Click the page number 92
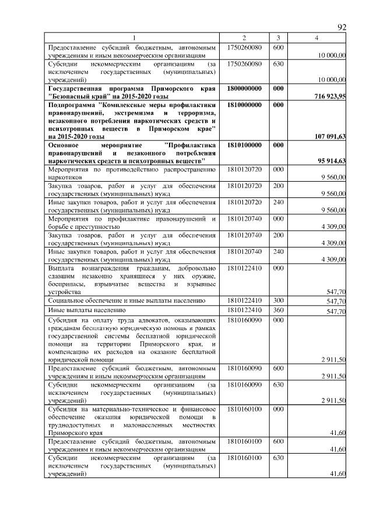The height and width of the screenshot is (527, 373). [342, 27]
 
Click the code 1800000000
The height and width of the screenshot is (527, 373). [245, 88]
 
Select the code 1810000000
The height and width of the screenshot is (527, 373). [245, 105]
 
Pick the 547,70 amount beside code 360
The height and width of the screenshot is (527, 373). [336, 312]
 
